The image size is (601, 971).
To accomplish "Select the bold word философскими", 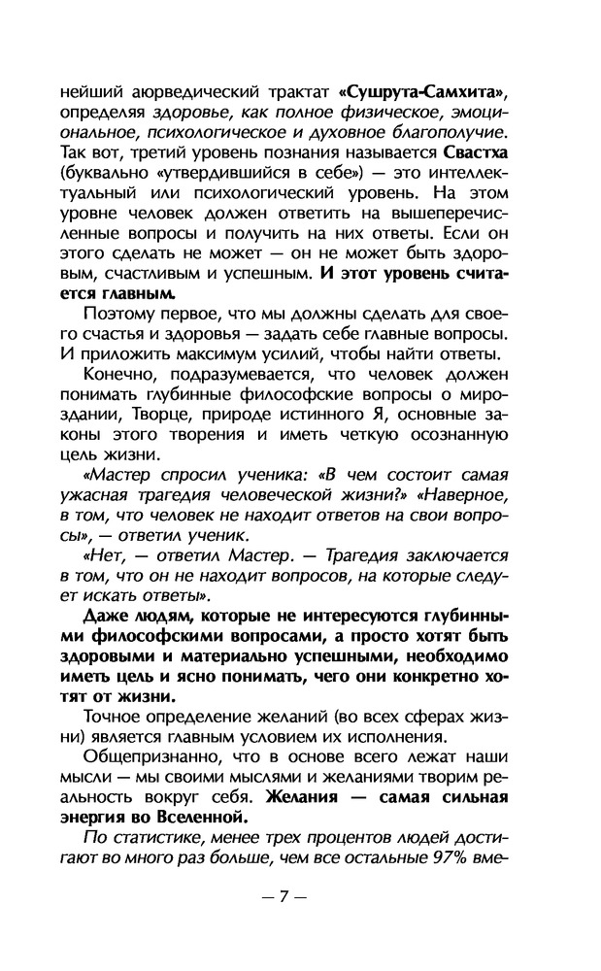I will coord(158,638).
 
